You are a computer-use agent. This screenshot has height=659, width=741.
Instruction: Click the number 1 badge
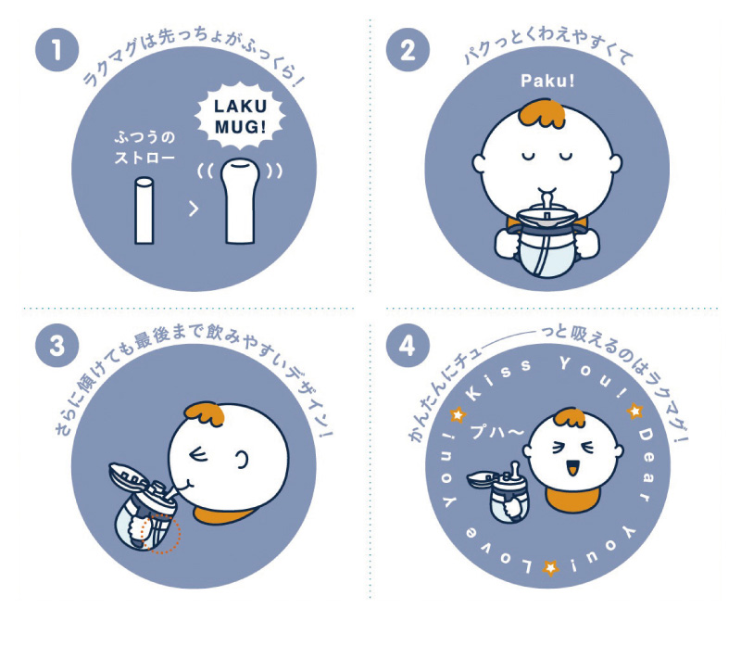(57, 50)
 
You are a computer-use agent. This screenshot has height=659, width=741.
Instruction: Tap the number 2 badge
(408, 50)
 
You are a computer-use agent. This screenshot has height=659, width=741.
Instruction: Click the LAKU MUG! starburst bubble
(240, 116)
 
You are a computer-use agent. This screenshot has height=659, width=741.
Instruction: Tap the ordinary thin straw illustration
(144, 210)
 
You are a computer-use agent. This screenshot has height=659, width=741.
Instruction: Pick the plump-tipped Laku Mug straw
(240, 201)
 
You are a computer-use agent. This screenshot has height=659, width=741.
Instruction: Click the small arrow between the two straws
(194, 209)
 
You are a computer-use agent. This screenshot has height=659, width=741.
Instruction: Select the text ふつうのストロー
(144, 147)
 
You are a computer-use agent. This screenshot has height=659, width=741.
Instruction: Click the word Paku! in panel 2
(547, 81)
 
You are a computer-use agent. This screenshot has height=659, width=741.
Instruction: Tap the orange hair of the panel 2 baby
(542, 113)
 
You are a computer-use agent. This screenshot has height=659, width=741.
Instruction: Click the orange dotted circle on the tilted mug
(161, 534)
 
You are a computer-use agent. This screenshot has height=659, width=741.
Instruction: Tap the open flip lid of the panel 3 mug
(129, 476)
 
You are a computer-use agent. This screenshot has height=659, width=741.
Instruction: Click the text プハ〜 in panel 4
(497, 431)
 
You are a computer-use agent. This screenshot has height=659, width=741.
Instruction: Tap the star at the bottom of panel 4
(550, 567)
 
